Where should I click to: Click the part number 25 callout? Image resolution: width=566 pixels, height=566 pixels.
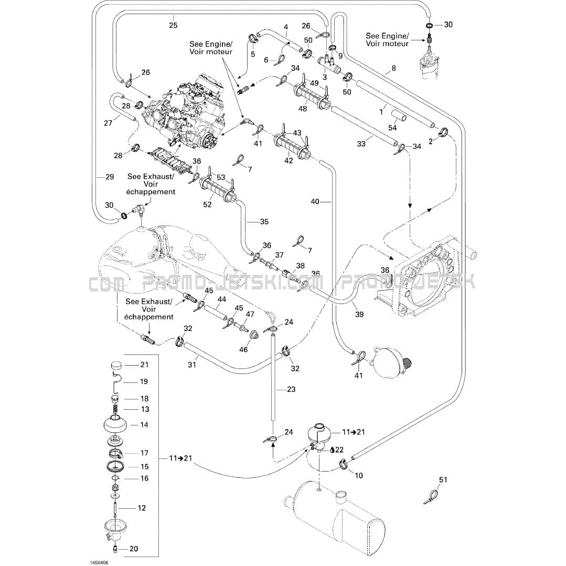coord(173,25)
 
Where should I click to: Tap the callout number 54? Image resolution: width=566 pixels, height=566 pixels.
coord(392,128)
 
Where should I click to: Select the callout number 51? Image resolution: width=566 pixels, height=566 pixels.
coord(443,480)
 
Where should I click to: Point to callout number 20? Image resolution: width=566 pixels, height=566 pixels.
coord(134,549)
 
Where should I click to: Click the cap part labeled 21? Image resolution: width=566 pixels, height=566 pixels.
coord(116,365)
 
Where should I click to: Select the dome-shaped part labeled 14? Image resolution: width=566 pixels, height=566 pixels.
coord(115,424)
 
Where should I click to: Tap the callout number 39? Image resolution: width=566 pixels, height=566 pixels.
coord(359,314)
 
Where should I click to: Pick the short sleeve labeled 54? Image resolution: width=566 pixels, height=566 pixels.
coord(399,116)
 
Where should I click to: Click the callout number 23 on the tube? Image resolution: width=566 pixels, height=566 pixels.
coord(291,389)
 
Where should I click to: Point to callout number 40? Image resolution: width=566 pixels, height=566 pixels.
coord(315,201)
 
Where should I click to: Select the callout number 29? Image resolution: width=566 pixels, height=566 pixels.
coord(110,176)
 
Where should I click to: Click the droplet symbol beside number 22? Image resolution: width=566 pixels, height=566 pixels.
coord(332,450)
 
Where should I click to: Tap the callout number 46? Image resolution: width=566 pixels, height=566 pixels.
coord(243,349)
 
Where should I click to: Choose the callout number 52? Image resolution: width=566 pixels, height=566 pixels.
coord(207,205)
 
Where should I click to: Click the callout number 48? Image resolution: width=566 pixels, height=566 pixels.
coord(303,108)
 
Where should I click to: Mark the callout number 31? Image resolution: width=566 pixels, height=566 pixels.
coord(192,365)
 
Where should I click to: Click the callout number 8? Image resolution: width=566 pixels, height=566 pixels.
coord(393,68)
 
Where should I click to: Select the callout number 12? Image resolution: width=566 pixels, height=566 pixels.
coord(142,508)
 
